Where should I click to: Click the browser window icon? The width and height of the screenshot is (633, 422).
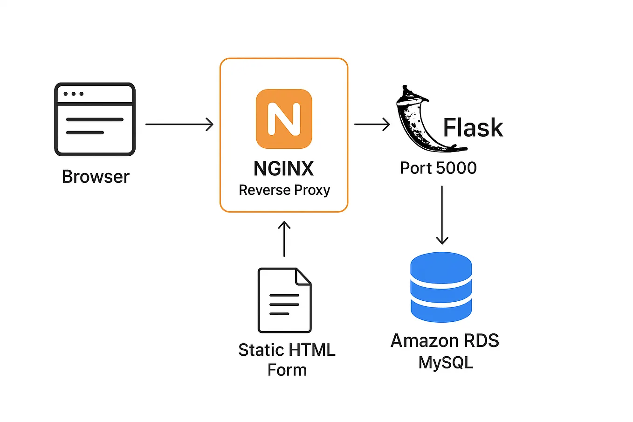pyautogui.click(x=95, y=119)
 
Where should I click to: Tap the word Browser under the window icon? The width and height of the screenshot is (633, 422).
pyautogui.click(x=96, y=177)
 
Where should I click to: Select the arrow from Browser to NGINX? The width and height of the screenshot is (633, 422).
pyautogui.click(x=179, y=125)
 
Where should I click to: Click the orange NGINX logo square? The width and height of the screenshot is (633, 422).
pyautogui.click(x=284, y=119)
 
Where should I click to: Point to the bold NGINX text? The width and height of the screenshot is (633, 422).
pyautogui.click(x=283, y=169)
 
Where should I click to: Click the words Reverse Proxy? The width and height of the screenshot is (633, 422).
pyautogui.click(x=284, y=190)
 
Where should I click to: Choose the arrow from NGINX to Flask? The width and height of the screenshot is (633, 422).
pyautogui.click(x=372, y=125)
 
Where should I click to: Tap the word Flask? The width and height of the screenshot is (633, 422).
pyautogui.click(x=473, y=128)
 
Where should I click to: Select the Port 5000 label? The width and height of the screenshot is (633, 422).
pyautogui.click(x=438, y=168)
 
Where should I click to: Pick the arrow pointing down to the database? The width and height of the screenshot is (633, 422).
pyautogui.click(x=442, y=215)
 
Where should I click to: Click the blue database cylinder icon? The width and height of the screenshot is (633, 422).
pyautogui.click(x=441, y=287)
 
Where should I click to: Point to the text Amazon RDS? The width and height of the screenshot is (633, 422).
pyautogui.click(x=445, y=341)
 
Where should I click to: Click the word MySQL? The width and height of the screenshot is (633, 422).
pyautogui.click(x=446, y=362)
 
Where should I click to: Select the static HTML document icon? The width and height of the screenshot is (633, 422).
pyautogui.click(x=284, y=300)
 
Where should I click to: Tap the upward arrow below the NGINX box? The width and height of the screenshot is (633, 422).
pyautogui.click(x=284, y=239)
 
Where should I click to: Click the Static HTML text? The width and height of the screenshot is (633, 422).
pyautogui.click(x=287, y=350)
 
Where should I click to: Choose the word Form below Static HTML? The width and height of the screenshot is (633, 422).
pyautogui.click(x=287, y=370)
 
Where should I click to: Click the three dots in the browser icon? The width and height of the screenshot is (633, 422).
pyautogui.click(x=73, y=94)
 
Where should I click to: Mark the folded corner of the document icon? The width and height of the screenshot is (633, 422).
pyautogui.click(x=303, y=276)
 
